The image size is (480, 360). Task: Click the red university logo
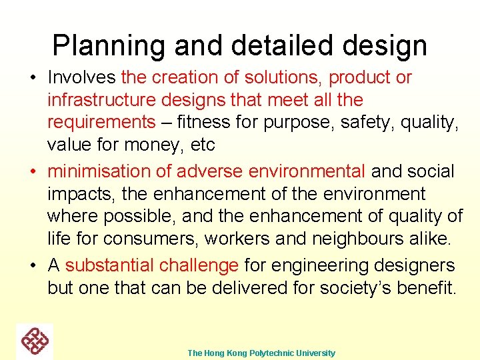coord(35,341)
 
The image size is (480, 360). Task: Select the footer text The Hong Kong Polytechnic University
coord(261,353)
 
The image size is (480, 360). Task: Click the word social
coord(433,171)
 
